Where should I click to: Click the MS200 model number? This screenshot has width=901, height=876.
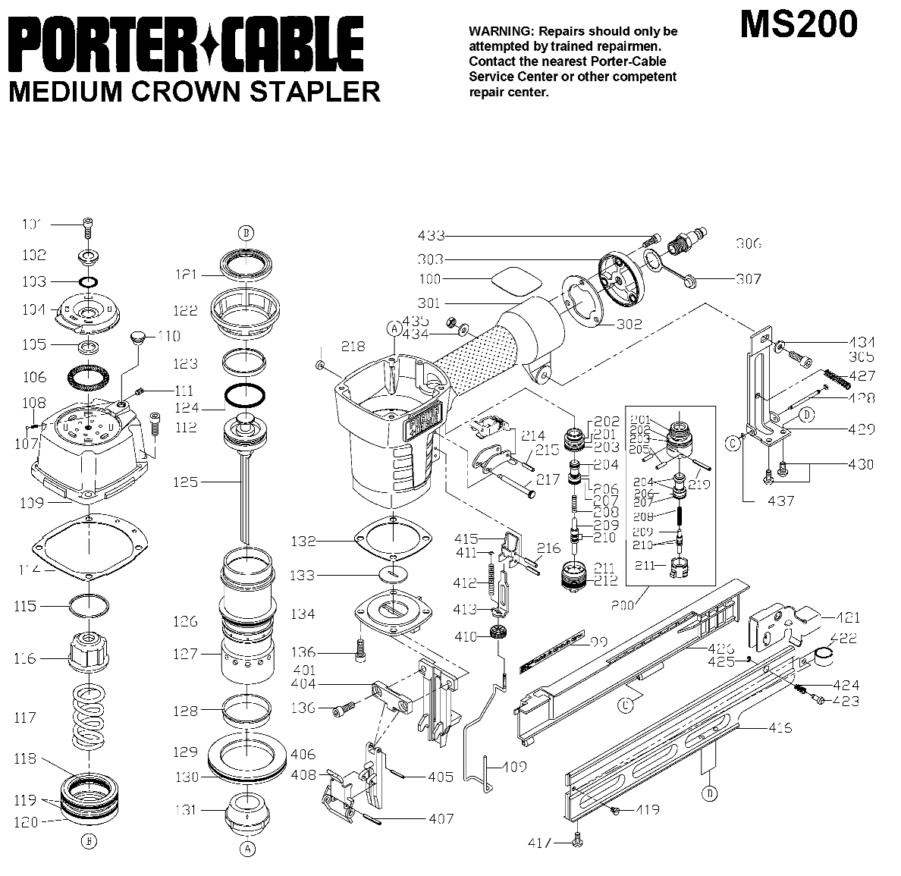(799, 24)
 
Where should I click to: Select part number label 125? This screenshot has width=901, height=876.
(186, 482)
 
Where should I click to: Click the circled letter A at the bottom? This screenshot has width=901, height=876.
(247, 849)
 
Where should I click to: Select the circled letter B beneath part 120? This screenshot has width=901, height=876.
(89, 841)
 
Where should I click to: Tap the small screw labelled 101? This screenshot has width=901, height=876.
(88, 224)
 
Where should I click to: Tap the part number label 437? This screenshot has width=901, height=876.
(780, 501)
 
